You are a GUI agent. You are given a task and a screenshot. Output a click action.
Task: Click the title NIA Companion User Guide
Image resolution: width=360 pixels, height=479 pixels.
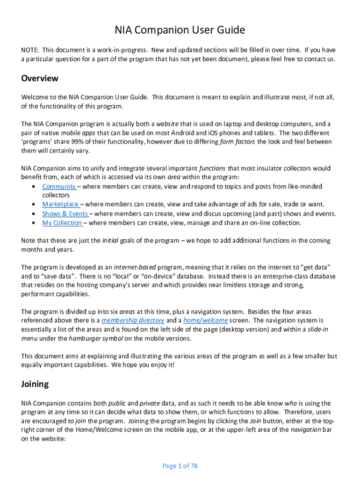point(180,31)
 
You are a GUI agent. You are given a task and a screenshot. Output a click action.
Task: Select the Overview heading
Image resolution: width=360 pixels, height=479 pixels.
point(40,78)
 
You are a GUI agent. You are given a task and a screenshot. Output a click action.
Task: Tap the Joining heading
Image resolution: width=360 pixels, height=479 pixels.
point(35,384)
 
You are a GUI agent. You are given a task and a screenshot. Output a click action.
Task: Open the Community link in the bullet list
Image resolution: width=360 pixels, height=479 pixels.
point(59,187)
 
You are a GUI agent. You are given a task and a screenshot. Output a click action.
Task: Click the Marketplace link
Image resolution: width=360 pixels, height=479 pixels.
point(60,204)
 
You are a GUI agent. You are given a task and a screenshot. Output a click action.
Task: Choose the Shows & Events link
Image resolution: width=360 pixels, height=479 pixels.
point(65,214)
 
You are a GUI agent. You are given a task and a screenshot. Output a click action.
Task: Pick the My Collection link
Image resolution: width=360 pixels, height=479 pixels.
point(62,223)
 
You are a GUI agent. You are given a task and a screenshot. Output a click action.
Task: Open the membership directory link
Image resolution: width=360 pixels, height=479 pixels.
point(133,320)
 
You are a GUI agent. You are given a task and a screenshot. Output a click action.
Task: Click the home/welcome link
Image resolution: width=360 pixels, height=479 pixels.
point(205,320)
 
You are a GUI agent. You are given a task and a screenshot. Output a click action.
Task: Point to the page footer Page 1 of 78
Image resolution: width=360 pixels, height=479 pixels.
point(180,466)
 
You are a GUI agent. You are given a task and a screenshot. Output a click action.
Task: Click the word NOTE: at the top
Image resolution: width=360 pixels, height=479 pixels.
point(30,50)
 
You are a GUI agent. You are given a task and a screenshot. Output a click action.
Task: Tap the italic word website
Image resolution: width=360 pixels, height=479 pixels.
point(167,124)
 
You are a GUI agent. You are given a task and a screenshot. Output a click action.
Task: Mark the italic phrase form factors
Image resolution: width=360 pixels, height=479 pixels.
point(238,142)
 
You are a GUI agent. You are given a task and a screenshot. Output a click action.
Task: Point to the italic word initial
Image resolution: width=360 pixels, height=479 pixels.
point(110,240)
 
